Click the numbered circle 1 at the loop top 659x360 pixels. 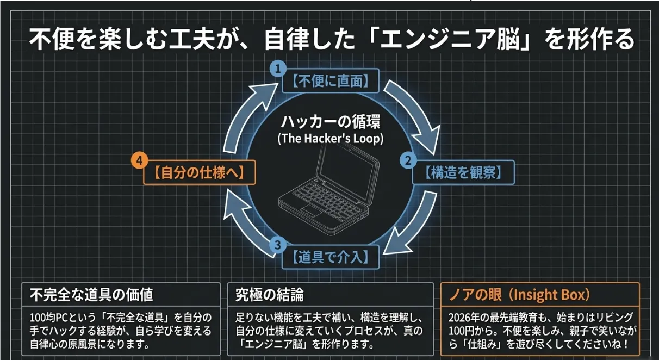278,69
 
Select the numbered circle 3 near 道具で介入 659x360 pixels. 277,245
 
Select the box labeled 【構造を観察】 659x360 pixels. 463,173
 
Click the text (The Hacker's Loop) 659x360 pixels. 330,139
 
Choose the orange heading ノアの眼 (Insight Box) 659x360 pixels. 519,295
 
